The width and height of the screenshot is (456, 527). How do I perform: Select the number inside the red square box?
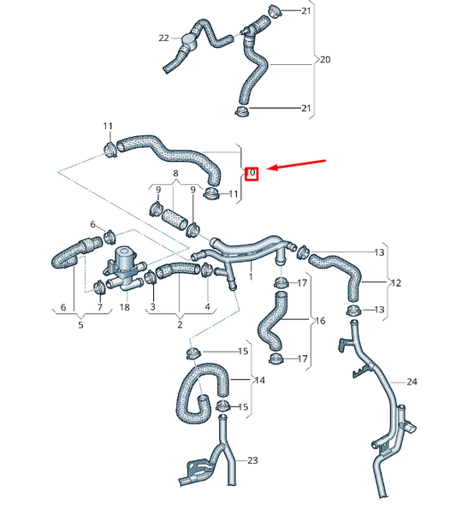252,173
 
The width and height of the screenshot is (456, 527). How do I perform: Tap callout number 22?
163,38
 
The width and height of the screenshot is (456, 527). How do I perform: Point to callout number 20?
324,60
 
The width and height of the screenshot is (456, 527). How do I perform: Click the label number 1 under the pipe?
251,277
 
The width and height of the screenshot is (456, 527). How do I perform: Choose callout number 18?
125,307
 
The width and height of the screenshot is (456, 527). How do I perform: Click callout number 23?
252,460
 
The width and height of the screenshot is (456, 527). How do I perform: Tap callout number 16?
320,322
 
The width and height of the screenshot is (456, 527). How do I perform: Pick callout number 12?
396,281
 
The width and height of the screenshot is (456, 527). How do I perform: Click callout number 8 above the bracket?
175,174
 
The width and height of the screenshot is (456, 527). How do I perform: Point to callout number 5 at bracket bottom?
80,324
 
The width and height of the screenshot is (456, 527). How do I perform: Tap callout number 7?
99,307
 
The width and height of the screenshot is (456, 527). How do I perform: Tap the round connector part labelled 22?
192,39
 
